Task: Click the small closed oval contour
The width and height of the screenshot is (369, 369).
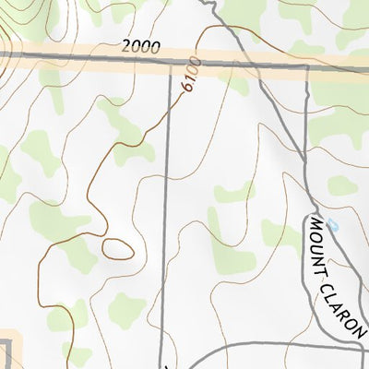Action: point(116,248)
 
